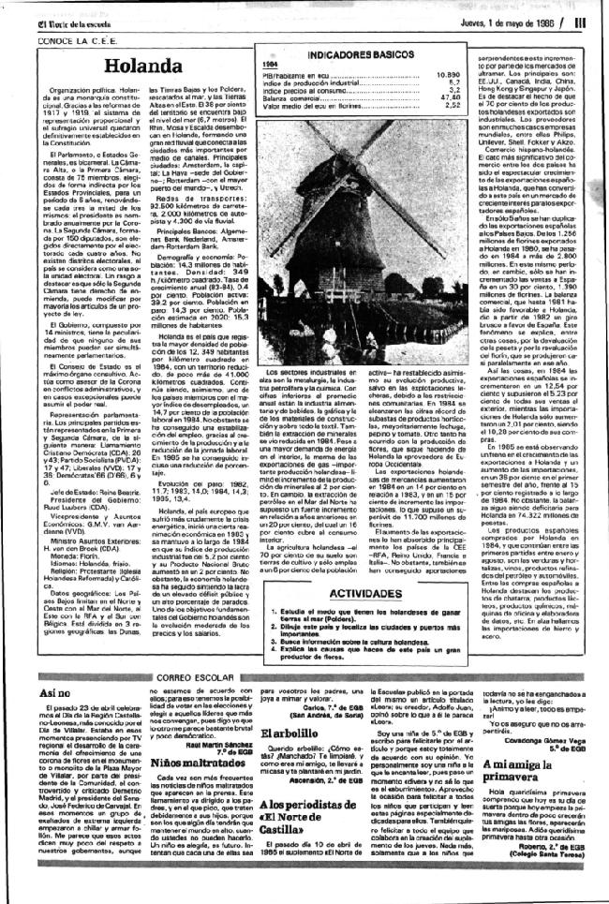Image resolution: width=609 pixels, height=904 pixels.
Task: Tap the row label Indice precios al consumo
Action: [304, 89]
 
